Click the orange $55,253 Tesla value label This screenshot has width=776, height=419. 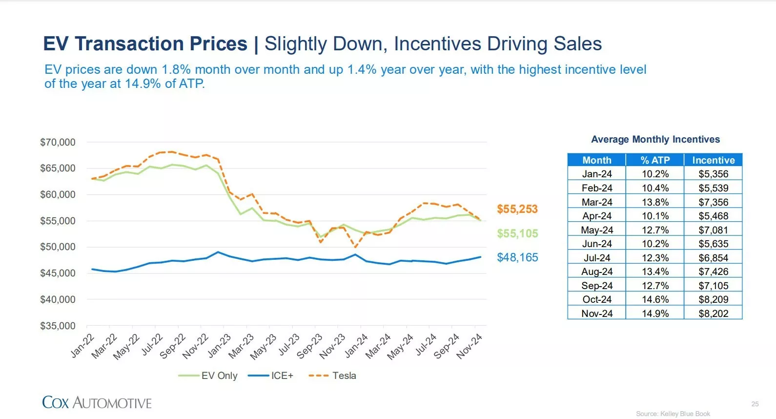517,209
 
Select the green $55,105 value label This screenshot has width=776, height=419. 517,233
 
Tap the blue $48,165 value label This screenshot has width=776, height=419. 517,257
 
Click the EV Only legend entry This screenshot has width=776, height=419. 207,376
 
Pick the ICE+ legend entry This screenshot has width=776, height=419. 270,376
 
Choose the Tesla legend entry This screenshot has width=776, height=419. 332,376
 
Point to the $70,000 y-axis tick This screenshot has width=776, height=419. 58,142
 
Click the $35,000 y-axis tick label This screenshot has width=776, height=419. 58,326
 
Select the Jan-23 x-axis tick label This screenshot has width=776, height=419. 220,345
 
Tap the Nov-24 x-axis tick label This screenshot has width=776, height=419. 470,346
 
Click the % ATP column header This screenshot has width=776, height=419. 655,160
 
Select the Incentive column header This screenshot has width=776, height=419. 714,160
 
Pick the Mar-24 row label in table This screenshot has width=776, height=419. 597,202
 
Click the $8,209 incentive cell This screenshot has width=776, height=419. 714,299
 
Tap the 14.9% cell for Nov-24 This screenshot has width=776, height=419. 655,314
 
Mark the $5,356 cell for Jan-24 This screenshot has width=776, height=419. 714,174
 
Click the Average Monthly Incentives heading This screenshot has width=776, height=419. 655,139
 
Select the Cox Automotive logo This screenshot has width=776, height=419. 97,403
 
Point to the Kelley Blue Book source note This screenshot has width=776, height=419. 673,414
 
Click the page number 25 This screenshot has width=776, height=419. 755,404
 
